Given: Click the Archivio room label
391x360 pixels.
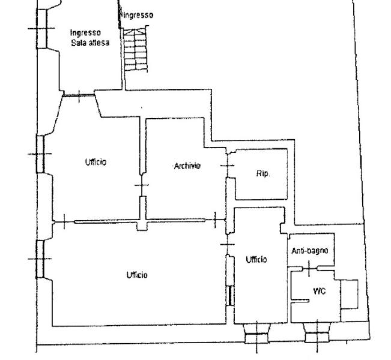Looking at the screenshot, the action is [x=187, y=166].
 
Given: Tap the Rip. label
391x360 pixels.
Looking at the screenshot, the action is [x=263, y=173].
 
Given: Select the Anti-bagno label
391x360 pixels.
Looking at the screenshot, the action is [x=310, y=251].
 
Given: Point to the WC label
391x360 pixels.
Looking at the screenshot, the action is [x=319, y=291].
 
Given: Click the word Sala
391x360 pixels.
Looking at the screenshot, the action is [x=77, y=43].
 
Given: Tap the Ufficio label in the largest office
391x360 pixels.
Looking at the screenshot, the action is [x=137, y=275].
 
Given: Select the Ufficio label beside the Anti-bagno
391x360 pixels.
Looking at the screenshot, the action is [x=256, y=260].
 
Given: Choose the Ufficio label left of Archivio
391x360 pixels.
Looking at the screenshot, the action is [x=95, y=162].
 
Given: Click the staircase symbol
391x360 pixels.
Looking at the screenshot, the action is [x=135, y=49].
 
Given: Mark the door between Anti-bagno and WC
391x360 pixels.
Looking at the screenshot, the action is [x=309, y=268].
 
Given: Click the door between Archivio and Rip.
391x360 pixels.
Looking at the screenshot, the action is [x=228, y=166].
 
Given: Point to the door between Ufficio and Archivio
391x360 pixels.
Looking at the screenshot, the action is [x=142, y=185].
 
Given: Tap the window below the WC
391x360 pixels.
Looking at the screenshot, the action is [x=317, y=333].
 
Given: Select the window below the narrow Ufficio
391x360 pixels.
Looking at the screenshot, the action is [x=257, y=334].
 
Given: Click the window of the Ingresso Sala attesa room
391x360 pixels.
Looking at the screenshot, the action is [x=42, y=29].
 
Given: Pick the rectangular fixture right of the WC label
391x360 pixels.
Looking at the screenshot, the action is [x=350, y=295].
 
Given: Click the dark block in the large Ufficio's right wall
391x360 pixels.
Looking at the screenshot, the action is [x=231, y=295].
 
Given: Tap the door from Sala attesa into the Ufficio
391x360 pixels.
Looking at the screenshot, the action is [x=79, y=95].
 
